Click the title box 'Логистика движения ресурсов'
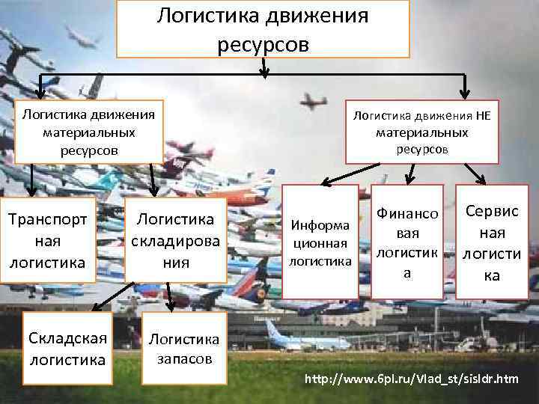click(263, 29)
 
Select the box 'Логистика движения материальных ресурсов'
click(89, 132)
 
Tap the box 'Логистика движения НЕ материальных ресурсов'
click(421, 132)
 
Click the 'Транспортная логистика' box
click(48, 239)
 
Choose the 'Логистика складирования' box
click(175, 239)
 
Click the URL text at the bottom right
click(410, 379)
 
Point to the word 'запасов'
click(185, 358)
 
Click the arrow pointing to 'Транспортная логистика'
click(33, 180)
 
